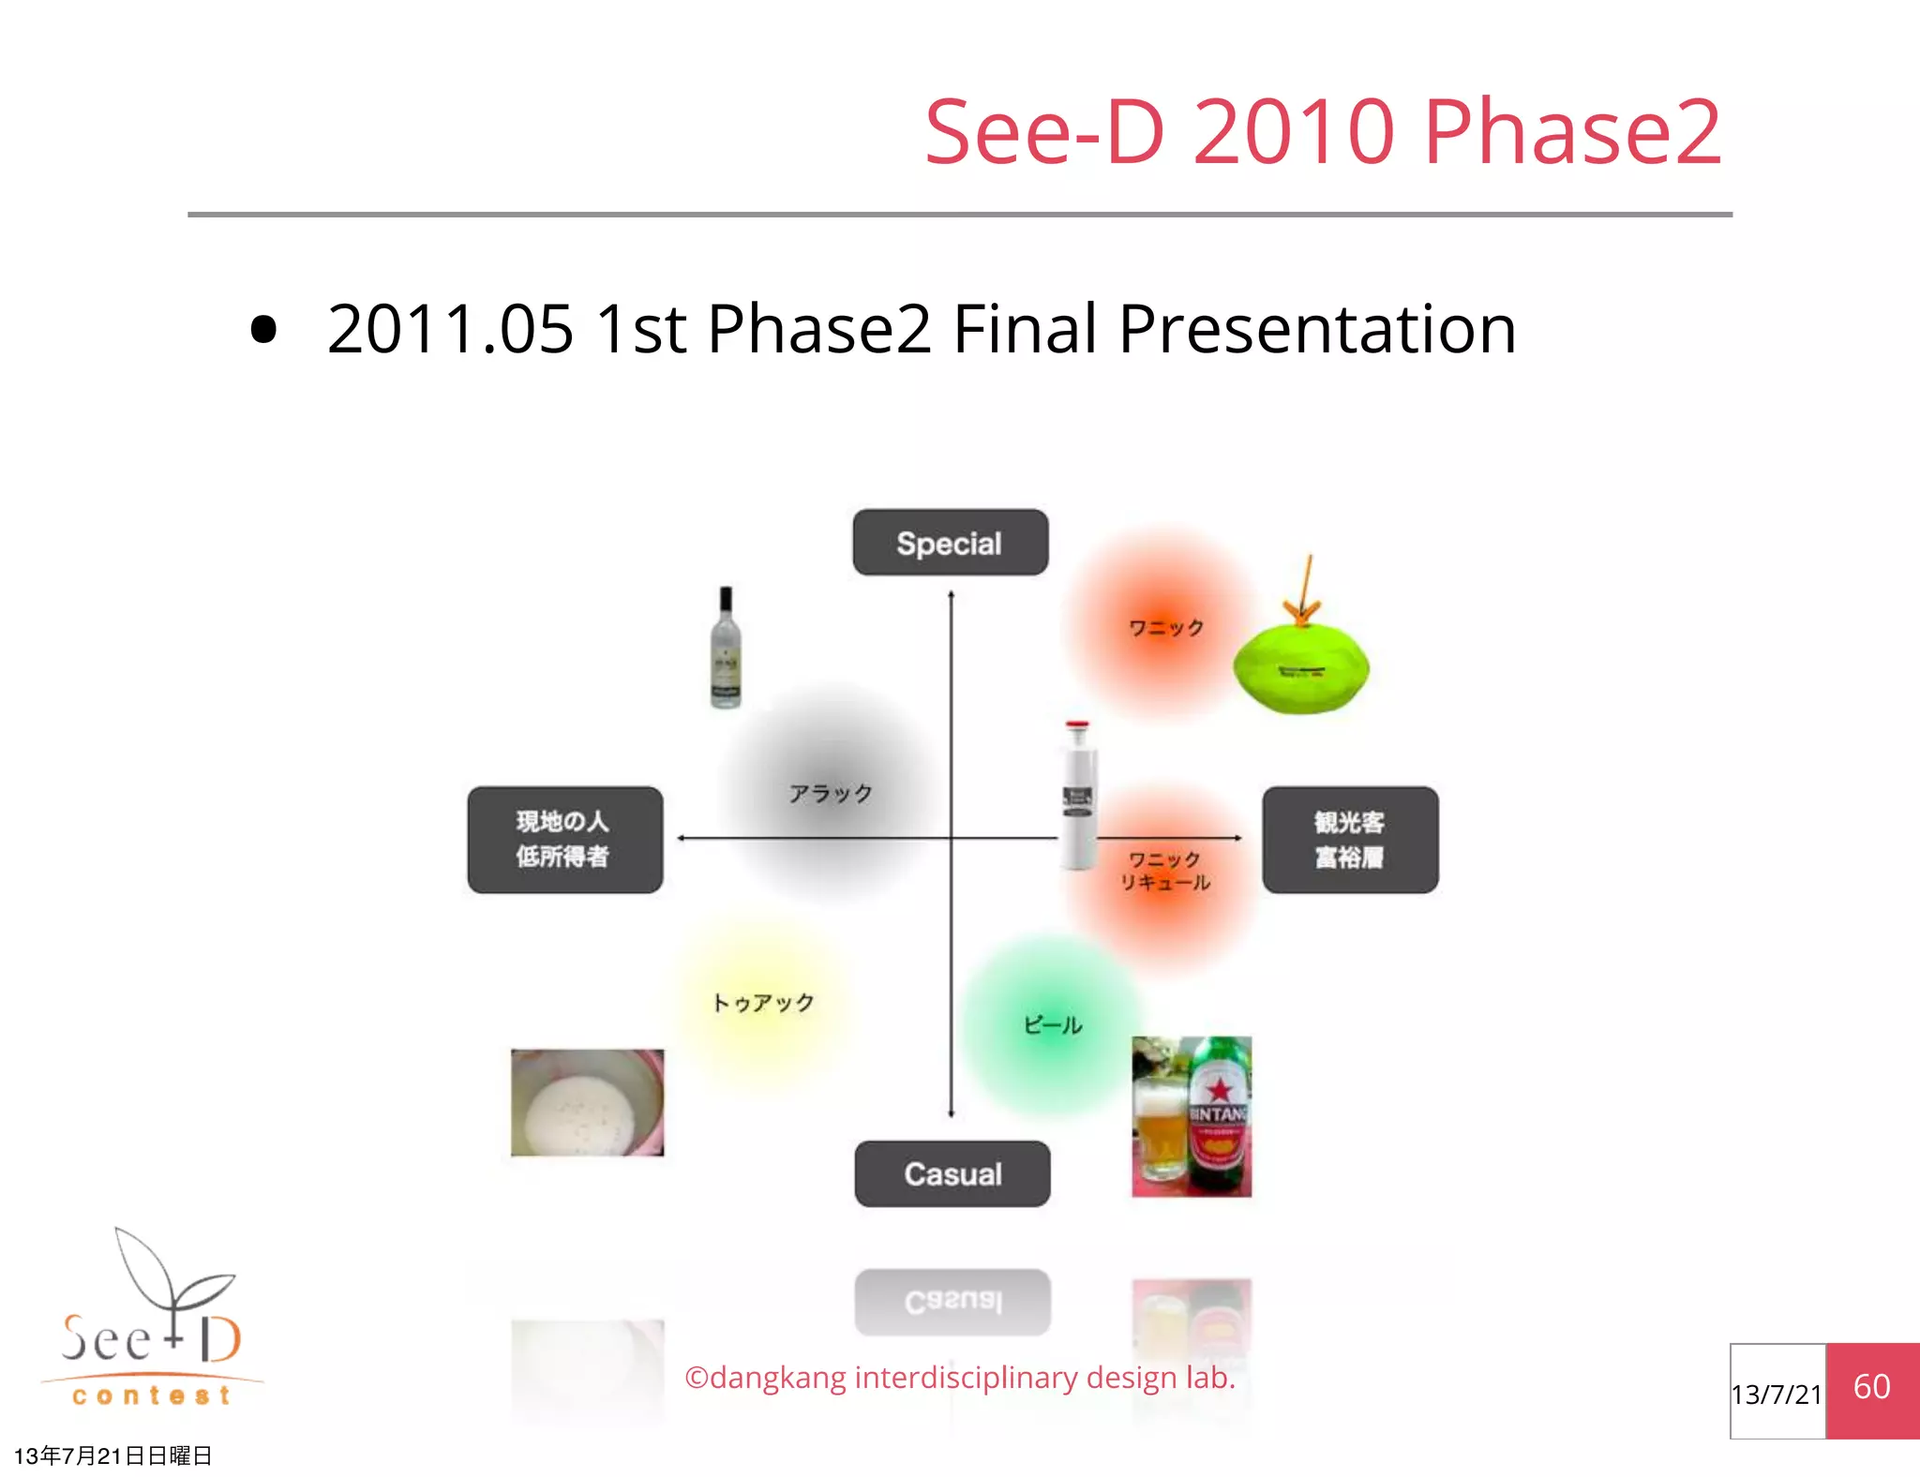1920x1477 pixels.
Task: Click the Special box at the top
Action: pos(950,543)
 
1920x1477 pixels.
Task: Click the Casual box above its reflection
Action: pos(952,1173)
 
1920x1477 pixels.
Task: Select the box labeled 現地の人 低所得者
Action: pos(564,839)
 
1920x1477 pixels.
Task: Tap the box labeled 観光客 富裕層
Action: pos(1349,839)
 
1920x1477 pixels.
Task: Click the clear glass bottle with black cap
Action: pos(726,649)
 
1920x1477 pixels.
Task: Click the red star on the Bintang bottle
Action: pos(1219,1090)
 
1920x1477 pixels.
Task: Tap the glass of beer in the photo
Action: pos(1158,1129)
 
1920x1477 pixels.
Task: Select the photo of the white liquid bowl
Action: pos(587,1102)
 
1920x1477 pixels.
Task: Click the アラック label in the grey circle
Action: pos(830,794)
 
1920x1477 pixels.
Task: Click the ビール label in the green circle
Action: pos(1052,1025)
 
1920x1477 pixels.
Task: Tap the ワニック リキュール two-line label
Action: pos(1164,871)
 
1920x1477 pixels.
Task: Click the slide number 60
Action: pos(1871,1388)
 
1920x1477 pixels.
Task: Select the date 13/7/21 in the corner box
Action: pos(1776,1395)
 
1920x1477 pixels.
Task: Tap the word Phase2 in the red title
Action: pos(1571,132)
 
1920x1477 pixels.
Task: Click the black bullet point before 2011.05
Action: pos(264,329)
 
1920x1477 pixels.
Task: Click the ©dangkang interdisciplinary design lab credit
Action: pos(959,1378)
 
